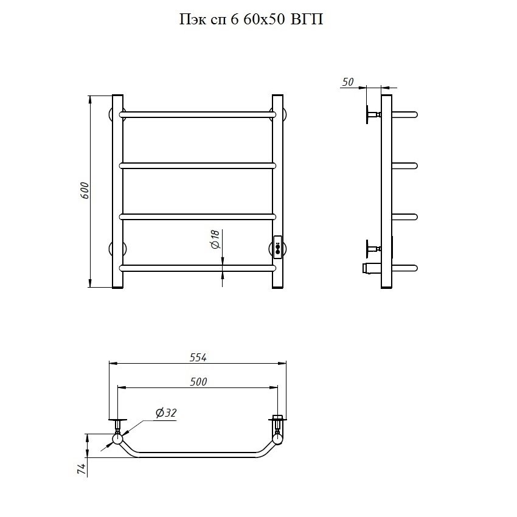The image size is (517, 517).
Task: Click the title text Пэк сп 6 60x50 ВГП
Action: coord(251,19)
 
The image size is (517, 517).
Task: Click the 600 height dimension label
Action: coord(85,190)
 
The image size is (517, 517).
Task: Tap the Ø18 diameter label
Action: coord(215,239)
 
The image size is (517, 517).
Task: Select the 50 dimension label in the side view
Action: coord(347,82)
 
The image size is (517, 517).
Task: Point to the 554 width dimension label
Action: coord(198,358)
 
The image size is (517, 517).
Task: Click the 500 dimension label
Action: coord(198,382)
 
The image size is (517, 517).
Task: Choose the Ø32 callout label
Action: coord(166,413)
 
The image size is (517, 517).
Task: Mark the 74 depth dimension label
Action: coord(82,469)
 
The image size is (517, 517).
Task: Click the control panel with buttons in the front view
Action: coord(277,247)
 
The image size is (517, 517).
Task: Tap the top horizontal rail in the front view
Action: coord(198,114)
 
